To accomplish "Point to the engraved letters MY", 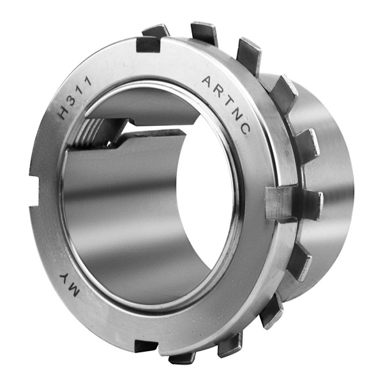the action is tap(69, 284).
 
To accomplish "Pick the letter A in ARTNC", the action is tap(208, 81).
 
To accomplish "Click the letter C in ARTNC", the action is tap(245, 129).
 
